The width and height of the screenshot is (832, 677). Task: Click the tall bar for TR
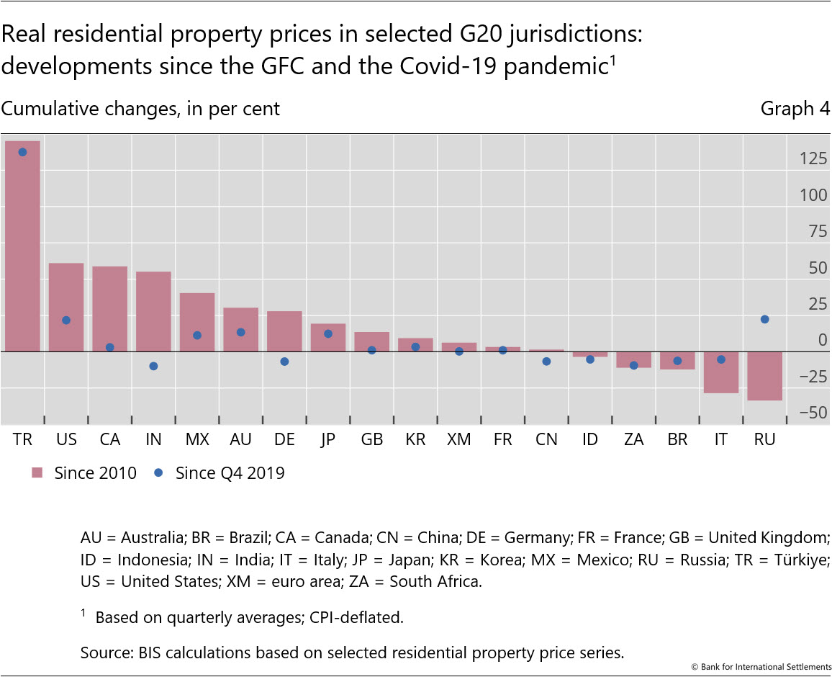[x=22, y=245]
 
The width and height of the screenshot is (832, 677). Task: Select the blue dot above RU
[x=764, y=319]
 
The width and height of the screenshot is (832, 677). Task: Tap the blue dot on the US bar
[x=66, y=320]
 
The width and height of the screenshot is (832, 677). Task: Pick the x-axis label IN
[x=153, y=439]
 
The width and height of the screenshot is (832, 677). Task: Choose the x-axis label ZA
[x=633, y=439]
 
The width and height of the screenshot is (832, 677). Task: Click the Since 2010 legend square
[x=38, y=473]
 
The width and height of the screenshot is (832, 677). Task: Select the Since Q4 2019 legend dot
[x=159, y=473]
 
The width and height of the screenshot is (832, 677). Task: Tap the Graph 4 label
[x=795, y=109]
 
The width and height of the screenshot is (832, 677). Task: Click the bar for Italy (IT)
[x=720, y=372]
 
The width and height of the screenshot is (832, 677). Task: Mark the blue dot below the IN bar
[x=153, y=366]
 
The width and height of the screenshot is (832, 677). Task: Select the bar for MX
[x=197, y=322]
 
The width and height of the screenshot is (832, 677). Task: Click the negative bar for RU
[x=764, y=375]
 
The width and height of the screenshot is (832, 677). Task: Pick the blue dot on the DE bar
[x=284, y=362]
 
